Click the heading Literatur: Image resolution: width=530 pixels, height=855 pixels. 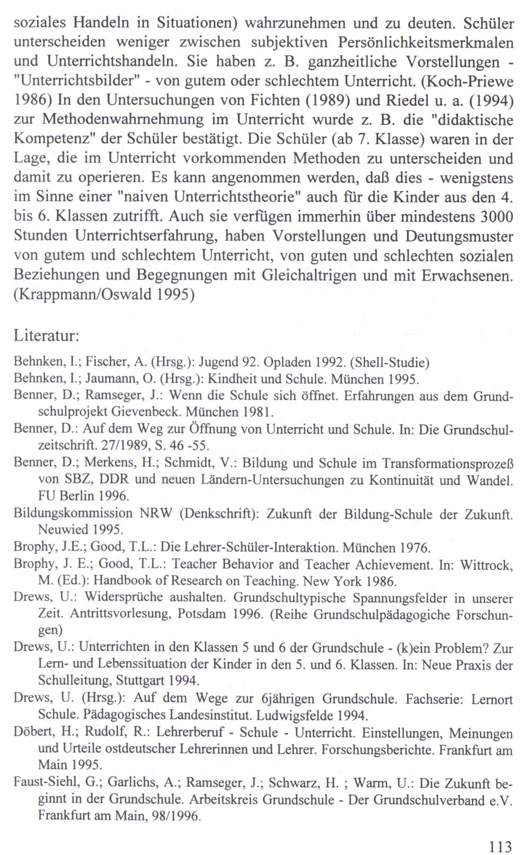point(47,337)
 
